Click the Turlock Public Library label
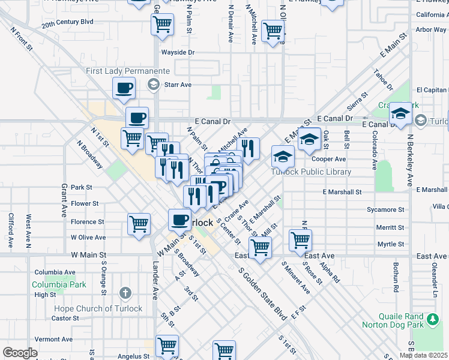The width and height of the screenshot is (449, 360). [x=310, y=172]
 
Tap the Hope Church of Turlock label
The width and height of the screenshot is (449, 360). [x=98, y=308]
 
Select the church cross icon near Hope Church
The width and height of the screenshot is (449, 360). [x=125, y=293]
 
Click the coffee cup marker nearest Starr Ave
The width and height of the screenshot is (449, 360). [x=124, y=88]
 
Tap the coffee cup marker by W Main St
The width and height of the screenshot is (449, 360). [x=179, y=220]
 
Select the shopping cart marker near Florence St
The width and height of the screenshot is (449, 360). [x=139, y=224]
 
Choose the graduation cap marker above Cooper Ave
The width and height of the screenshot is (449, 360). [x=309, y=139]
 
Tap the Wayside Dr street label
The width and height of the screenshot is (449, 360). [x=178, y=52]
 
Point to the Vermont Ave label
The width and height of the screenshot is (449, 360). [x=53, y=339]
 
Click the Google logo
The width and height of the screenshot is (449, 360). [x=20, y=353]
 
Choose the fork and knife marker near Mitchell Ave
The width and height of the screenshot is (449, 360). [x=248, y=148]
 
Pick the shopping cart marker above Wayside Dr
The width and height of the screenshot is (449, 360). [x=163, y=25]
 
